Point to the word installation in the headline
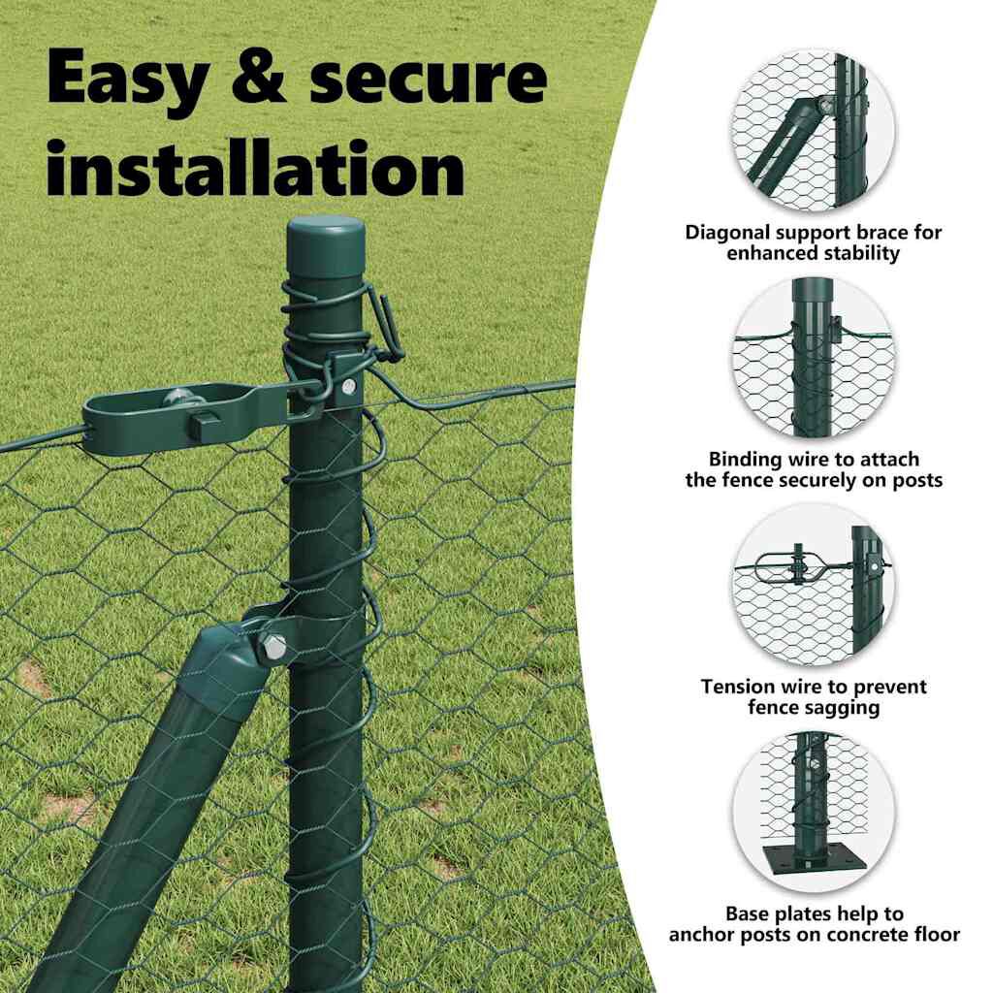256,167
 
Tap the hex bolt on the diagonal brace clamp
272,647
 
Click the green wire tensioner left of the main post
190,417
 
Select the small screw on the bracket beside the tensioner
348,386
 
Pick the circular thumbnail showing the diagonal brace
813,130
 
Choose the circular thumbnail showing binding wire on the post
813,357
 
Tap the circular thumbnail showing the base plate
813,812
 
